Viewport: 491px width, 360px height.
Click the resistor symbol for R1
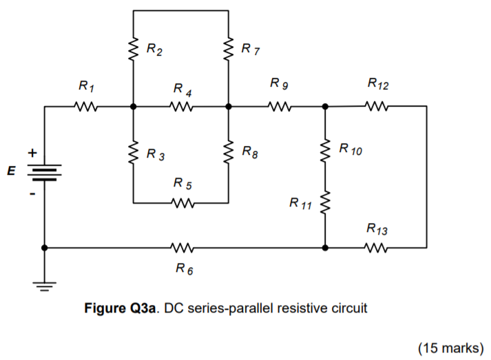(88, 107)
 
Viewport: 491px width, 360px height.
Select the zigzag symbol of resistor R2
(133, 50)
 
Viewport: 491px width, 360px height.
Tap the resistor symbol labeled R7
(229, 50)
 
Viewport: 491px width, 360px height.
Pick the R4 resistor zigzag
(181, 107)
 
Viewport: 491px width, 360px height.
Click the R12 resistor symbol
(376, 107)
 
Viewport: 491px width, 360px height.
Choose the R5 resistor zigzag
(181, 204)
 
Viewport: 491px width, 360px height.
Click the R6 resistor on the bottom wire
(181, 248)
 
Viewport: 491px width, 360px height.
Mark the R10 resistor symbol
(325, 151)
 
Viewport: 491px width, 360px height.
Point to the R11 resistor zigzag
(325, 203)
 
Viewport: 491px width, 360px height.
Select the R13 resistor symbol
(376, 248)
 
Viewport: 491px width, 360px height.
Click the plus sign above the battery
(31, 151)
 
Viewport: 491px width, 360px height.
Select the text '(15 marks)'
(450, 348)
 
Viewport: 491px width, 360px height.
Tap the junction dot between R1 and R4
(133, 107)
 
